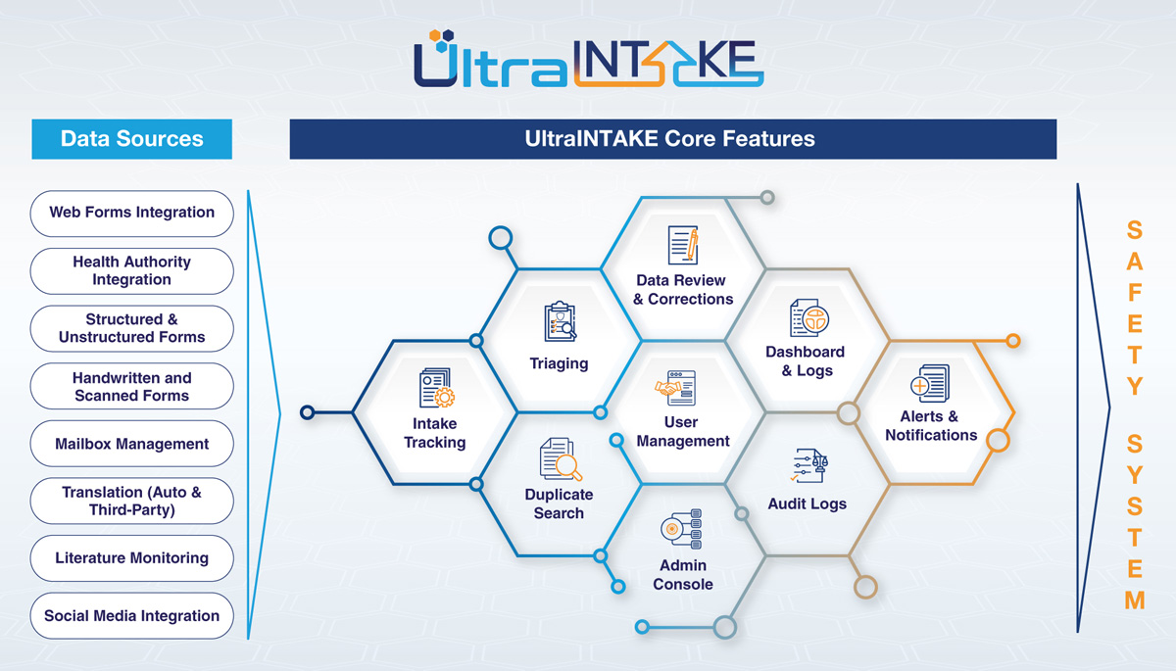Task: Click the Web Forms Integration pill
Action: coord(131,213)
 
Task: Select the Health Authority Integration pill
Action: coord(131,270)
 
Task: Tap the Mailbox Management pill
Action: coord(131,444)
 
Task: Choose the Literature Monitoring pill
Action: coord(131,558)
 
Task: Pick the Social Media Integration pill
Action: coord(131,616)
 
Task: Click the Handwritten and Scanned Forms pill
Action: coord(131,386)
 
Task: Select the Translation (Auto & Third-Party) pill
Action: coord(131,501)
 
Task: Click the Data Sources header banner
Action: coord(131,139)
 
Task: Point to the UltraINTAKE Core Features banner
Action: coord(673,139)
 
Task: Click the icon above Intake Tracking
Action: coord(437,388)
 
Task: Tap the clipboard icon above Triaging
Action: coord(560,321)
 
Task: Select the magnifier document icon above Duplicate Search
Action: coord(561,459)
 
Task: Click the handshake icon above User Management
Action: coord(675,388)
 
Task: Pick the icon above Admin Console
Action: coord(681,529)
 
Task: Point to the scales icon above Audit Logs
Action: coord(809,465)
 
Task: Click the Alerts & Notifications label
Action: coord(931,425)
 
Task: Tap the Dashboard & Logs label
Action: coord(806,360)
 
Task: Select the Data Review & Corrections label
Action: coord(682,290)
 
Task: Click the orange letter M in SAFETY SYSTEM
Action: coord(1135,600)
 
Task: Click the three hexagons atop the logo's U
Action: coord(442,40)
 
